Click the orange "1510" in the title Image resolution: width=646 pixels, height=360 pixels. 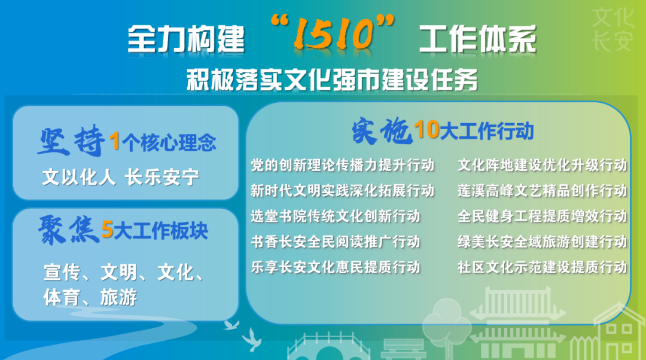(334, 33)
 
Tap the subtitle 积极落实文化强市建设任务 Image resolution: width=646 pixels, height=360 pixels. (332, 80)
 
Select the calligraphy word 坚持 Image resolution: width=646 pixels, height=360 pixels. (71, 141)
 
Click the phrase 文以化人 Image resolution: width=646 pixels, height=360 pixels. (79, 177)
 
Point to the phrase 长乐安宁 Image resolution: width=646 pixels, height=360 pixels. (162, 177)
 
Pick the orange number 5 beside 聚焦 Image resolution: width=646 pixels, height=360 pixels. (107, 230)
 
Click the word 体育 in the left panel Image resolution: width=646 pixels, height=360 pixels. (62, 297)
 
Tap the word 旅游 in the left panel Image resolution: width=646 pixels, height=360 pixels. (118, 297)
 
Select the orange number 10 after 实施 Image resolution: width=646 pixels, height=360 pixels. (426, 129)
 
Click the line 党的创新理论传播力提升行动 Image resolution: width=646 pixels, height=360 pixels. (343, 165)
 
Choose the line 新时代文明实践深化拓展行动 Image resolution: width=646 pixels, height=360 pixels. (343, 191)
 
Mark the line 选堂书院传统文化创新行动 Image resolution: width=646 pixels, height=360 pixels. (336, 216)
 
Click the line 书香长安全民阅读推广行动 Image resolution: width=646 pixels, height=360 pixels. (336, 242)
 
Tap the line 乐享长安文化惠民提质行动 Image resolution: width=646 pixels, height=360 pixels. (336, 267)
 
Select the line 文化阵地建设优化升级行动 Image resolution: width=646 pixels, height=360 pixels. (542, 165)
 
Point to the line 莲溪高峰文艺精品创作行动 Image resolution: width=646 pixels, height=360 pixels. (542, 191)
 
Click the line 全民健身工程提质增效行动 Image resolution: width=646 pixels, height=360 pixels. (542, 216)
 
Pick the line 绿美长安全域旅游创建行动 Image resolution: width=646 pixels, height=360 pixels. (542, 242)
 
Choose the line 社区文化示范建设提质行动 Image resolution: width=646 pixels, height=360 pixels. (542, 267)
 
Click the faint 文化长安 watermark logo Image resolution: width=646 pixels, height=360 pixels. (613, 30)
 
